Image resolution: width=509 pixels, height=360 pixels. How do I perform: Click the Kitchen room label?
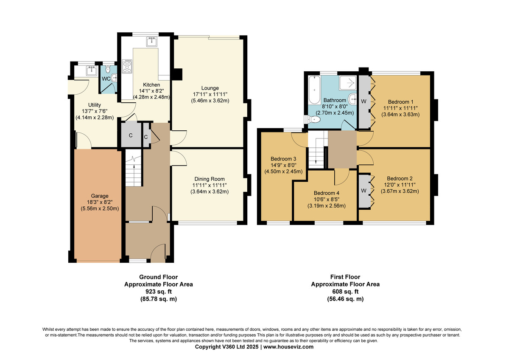pyautogui.click(x=151, y=85)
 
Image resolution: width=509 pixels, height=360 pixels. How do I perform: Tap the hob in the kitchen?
pyautogui.click(x=127, y=66)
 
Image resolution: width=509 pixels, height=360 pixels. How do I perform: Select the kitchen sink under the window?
pyautogui.click(x=152, y=42)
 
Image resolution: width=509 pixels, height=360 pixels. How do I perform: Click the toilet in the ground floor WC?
pyautogui.click(x=108, y=69)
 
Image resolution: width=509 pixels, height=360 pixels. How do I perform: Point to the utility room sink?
pyautogui.click(x=92, y=70)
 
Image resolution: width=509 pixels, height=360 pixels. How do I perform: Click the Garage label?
pyautogui.click(x=100, y=196)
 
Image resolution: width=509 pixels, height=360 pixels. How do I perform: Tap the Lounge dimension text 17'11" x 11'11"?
pyautogui.click(x=210, y=94)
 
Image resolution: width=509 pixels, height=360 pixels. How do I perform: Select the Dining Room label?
pyautogui.click(x=210, y=179)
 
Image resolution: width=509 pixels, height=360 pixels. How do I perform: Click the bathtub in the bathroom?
pyautogui.click(x=314, y=90)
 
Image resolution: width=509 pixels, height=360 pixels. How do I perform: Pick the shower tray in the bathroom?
pyautogui.click(x=348, y=83)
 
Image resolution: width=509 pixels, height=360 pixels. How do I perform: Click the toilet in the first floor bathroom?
pyautogui.click(x=314, y=119)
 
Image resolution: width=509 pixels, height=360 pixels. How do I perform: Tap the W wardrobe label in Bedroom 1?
pyautogui.click(x=364, y=101)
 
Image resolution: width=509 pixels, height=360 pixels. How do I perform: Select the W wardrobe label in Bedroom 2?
pyautogui.click(x=364, y=191)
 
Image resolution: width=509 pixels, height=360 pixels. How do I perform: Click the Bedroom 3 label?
pyautogui.click(x=283, y=159)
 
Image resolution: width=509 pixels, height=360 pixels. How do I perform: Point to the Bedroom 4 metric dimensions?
pyautogui.click(x=327, y=206)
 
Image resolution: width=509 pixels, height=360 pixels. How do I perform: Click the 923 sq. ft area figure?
pyautogui.click(x=159, y=292)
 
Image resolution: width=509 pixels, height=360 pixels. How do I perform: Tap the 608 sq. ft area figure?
pyautogui.click(x=345, y=292)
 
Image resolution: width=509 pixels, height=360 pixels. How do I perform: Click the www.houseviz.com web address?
pyautogui.click(x=288, y=347)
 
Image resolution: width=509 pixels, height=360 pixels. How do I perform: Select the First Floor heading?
pyautogui.click(x=345, y=277)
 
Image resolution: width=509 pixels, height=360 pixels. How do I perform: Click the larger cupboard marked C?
pyautogui.click(x=131, y=135)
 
